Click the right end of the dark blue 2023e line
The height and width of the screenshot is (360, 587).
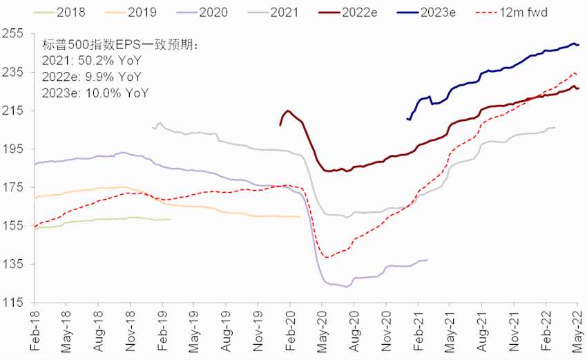click(x=578, y=45)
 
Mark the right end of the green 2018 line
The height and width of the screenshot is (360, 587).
click(x=170, y=219)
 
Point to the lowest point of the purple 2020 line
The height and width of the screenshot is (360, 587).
click(x=346, y=286)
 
